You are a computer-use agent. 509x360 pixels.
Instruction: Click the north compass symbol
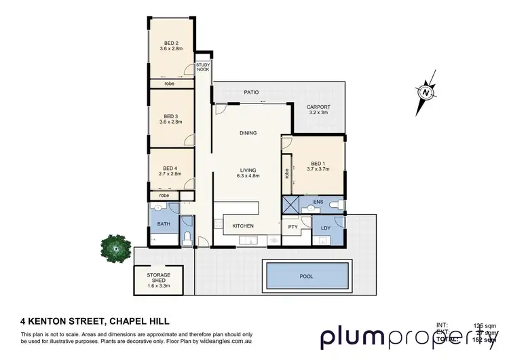pyautogui.click(x=426, y=92)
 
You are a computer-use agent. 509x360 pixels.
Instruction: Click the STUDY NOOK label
pyautogui.click(x=203, y=67)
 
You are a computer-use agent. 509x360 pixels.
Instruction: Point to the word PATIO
pyautogui.click(x=252, y=92)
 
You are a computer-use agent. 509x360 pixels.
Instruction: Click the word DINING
pyautogui.click(x=248, y=133)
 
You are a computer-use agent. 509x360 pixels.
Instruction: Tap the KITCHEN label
pyautogui.click(x=243, y=226)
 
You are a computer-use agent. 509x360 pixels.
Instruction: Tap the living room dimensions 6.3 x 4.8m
pyautogui.click(x=248, y=178)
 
